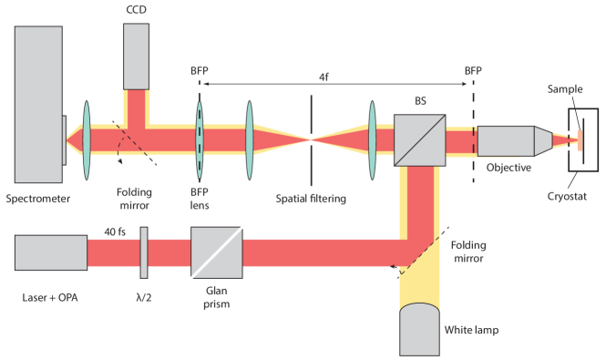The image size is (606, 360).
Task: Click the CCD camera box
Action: (138, 55)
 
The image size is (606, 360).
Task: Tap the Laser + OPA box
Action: (51, 252)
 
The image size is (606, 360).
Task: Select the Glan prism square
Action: (217, 253)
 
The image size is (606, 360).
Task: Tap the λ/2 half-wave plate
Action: (145, 253)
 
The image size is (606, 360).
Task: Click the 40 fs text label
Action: (115, 232)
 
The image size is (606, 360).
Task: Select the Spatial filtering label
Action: (312, 198)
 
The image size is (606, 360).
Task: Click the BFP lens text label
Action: (200, 198)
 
